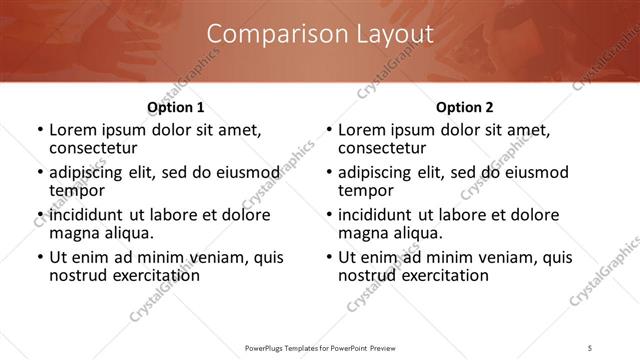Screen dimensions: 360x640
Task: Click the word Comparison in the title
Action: (267, 34)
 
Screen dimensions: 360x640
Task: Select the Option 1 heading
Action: (176, 107)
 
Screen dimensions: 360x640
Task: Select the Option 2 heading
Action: (465, 107)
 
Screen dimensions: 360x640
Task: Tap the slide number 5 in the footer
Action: (590, 348)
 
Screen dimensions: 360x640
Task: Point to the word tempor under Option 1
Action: (77, 191)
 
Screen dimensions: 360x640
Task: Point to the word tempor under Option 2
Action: (366, 191)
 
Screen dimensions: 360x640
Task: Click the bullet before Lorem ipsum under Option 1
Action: (39, 130)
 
